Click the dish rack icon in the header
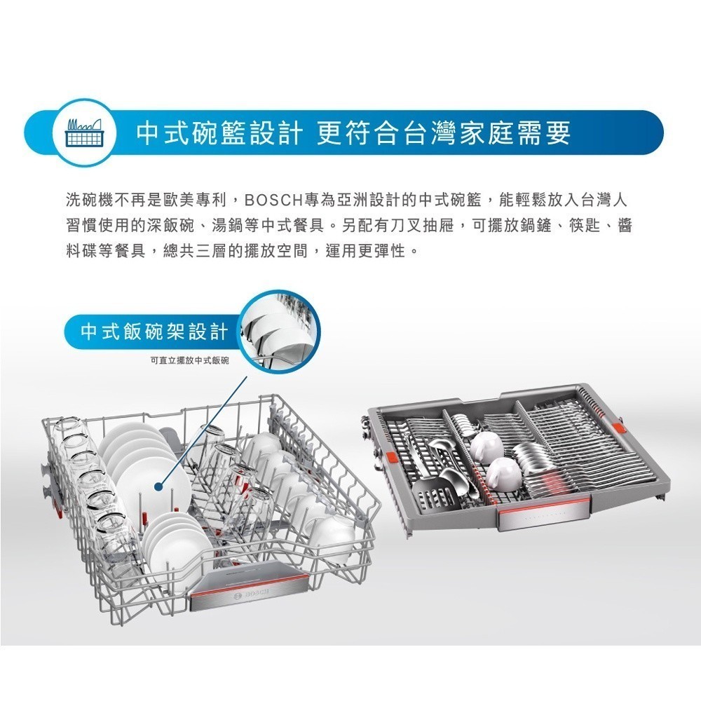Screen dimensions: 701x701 coord(84,132)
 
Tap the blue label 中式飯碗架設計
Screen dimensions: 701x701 coord(154,332)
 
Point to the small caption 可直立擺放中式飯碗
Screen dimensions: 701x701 coord(190,360)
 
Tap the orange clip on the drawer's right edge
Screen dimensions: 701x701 coord(619,426)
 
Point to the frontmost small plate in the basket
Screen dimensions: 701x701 coord(177,538)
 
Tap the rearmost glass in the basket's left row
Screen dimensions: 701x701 coord(69,428)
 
